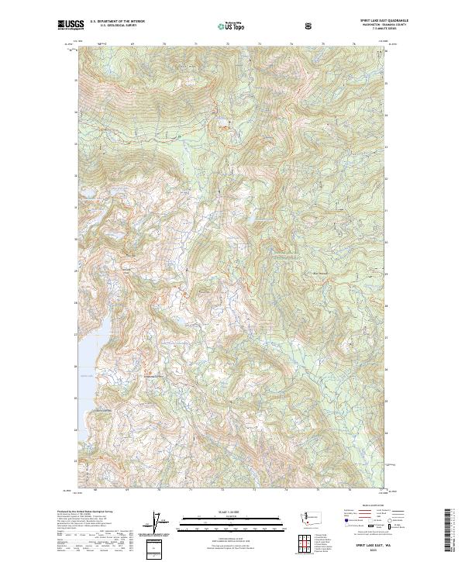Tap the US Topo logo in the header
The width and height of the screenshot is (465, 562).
click(x=231, y=26)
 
